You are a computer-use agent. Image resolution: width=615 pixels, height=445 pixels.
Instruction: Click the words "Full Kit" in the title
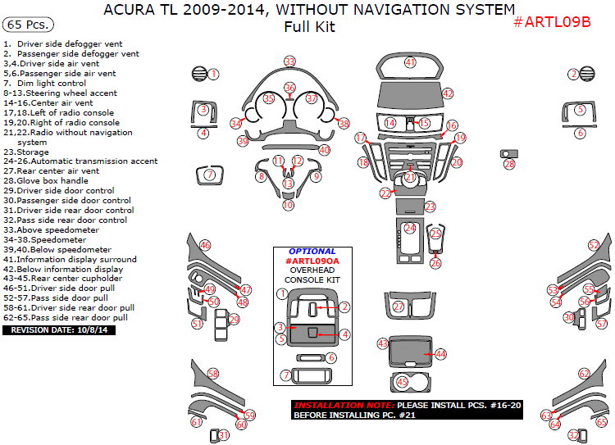click(x=309, y=27)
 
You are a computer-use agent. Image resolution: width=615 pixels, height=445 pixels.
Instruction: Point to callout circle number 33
click(x=289, y=61)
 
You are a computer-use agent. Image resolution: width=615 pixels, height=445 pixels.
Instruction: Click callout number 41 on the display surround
click(x=410, y=62)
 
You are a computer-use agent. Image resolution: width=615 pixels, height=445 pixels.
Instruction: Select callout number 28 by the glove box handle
click(x=509, y=164)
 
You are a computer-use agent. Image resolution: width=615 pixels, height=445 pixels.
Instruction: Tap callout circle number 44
click(x=440, y=354)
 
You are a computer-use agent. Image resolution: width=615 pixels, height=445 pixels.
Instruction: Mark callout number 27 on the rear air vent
click(x=399, y=307)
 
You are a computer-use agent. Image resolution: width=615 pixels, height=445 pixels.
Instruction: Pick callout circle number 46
click(x=205, y=245)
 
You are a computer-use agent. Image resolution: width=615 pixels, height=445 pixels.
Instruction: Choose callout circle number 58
click(x=213, y=374)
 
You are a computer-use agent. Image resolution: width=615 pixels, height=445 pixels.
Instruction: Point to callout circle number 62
click(x=584, y=374)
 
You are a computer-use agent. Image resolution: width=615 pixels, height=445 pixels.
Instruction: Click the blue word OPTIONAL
click(x=312, y=252)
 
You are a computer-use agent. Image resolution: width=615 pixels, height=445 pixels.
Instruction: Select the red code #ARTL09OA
click(x=312, y=261)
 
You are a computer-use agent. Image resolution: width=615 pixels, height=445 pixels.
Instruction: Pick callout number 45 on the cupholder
click(x=402, y=382)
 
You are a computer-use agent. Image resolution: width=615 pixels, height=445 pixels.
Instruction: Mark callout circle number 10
click(x=288, y=205)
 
